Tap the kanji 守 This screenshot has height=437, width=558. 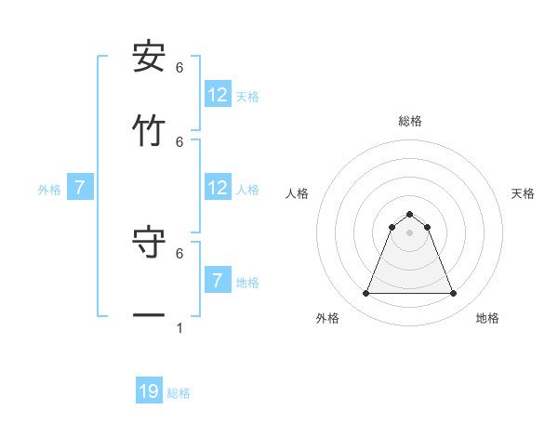[x=149, y=244]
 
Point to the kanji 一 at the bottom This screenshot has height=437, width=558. [x=149, y=316]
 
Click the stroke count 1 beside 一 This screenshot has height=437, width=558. [x=179, y=327]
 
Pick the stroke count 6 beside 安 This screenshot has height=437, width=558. [x=179, y=67]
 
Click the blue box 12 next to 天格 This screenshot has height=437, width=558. [x=218, y=95]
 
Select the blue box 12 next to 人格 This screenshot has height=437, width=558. [x=218, y=188]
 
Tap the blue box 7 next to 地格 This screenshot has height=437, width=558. [x=218, y=281]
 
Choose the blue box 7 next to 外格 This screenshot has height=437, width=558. [x=80, y=188]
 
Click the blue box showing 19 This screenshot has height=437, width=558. [x=149, y=391]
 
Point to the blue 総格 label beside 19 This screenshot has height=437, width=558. [x=179, y=393]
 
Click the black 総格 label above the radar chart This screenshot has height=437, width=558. [x=409, y=121]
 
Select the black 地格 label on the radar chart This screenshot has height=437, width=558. [x=487, y=318]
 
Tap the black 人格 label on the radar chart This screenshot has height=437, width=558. [x=297, y=193]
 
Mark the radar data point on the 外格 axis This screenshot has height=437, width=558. [x=365, y=294]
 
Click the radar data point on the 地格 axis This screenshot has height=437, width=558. [x=453, y=294]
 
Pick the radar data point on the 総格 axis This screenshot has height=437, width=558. [x=409, y=214]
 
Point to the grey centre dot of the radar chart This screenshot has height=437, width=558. [x=409, y=232]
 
